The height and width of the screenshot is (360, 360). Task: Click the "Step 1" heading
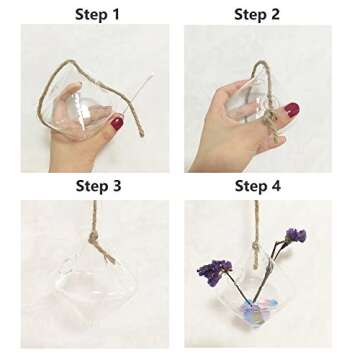98,14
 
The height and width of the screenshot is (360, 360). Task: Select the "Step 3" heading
98,187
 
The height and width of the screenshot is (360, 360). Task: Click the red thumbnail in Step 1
117,124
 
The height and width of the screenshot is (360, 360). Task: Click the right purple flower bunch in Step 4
294,236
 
